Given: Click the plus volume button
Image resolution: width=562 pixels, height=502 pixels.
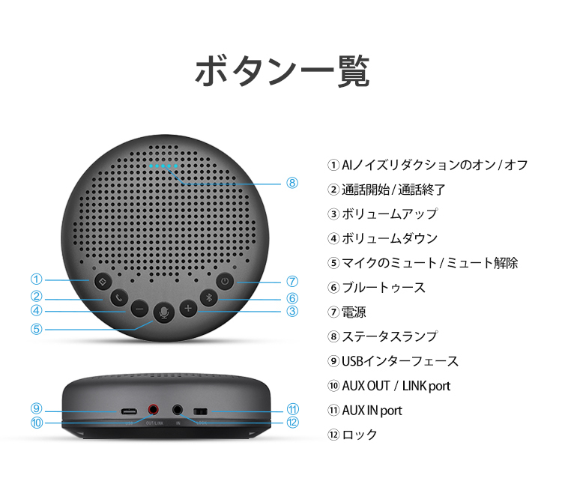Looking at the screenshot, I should [x=188, y=308].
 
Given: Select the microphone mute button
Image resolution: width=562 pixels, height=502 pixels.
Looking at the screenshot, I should [x=163, y=312].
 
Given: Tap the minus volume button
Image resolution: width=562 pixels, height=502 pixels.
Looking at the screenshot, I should [x=139, y=308].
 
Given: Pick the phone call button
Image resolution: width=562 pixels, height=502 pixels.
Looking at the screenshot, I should [x=118, y=297].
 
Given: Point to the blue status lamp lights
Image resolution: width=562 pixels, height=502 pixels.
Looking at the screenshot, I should [x=163, y=166].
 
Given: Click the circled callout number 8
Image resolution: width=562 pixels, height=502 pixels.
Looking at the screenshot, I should [x=292, y=182].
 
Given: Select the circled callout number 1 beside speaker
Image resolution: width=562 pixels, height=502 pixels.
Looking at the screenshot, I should [x=36, y=279].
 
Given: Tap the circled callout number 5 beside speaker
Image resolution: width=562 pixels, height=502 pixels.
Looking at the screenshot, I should [x=36, y=328].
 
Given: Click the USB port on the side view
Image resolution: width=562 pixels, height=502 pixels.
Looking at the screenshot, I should [x=129, y=411].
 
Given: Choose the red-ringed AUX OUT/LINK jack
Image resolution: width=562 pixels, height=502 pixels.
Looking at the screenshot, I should [x=154, y=410].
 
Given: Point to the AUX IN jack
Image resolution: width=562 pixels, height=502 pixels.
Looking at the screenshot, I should [x=178, y=410].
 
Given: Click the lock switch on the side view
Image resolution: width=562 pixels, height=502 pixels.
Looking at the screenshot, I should [x=200, y=411].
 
